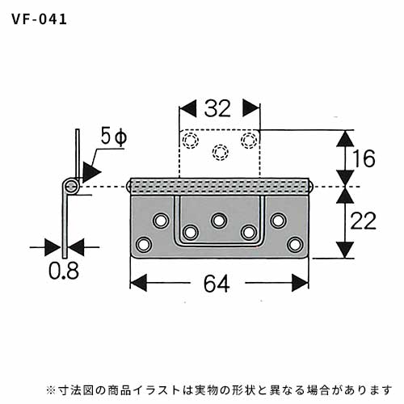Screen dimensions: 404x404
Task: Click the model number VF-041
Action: coord(40,19)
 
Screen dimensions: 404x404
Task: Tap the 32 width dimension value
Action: coord(217,108)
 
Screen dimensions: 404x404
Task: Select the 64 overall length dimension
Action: coord(217,284)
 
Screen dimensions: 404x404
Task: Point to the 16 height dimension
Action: coord(364,158)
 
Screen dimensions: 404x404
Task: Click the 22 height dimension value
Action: coord(363,221)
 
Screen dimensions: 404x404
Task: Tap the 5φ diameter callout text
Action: coord(114,137)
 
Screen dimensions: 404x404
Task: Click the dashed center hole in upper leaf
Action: coord(221,153)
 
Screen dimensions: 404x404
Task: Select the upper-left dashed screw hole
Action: coord(191,141)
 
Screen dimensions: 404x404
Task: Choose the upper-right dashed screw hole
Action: coord(249,140)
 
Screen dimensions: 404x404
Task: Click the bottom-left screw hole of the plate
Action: coord(144,245)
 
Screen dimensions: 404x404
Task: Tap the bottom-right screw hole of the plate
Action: coord(295,245)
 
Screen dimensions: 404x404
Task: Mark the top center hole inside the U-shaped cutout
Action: coord(219,221)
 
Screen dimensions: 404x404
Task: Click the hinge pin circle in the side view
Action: coord(71,186)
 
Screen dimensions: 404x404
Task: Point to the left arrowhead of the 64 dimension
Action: coord(138,283)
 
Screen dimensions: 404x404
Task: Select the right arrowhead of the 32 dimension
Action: coord(251,108)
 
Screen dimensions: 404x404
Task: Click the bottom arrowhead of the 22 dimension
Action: coord(345,250)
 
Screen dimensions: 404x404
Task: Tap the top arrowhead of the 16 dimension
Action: coord(345,138)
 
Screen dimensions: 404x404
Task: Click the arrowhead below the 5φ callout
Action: coord(91,172)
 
